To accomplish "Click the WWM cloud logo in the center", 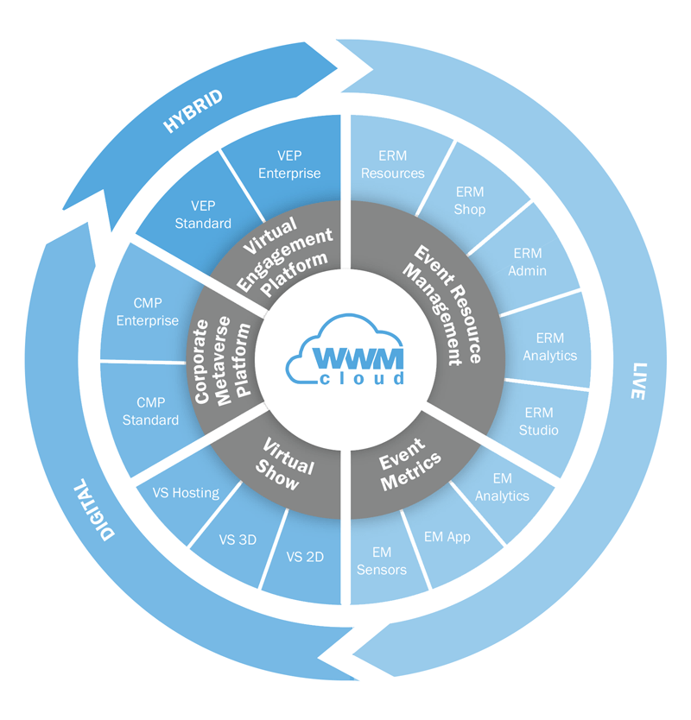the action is coord(345,351).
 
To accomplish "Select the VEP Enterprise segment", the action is coord(289,164).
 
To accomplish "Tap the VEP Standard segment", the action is coord(203,214).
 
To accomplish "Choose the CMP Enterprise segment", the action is coord(148,312).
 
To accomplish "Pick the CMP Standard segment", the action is coord(150,412).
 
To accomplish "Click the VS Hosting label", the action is coord(186,493).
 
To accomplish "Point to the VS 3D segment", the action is coord(238,540).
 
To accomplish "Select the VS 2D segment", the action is coord(305,557).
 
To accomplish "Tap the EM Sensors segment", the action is coord(382,560).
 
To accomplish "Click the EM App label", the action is coord(447,537).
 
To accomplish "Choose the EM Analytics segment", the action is coord(502,487).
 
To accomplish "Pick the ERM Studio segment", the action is coord(538,421).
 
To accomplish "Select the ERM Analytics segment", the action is coord(550,347).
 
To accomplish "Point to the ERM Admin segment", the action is coord(528,262).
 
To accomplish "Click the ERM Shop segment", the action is coord(470,200).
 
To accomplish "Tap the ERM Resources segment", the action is coord(392,164).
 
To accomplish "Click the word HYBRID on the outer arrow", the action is coord(193,111).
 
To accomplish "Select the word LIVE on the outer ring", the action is coord(639,381).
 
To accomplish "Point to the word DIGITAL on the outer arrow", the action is coord(94,509).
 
